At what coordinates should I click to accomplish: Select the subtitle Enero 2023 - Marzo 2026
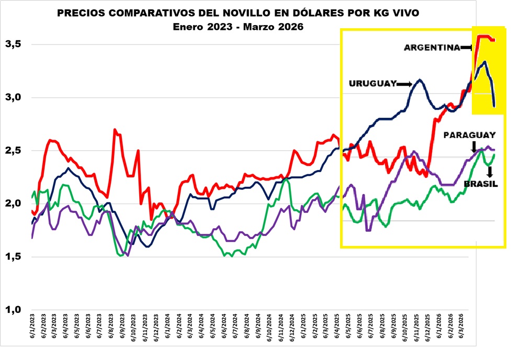point(238,27)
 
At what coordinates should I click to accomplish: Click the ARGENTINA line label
point(432,48)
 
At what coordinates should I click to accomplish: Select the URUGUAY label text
point(372,84)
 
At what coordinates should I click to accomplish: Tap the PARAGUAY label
point(469,135)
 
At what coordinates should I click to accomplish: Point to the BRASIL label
point(481,184)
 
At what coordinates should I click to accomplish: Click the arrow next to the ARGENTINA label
point(467,48)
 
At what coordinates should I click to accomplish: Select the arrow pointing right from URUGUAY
point(405,84)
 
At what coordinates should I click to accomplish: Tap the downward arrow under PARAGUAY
point(473,146)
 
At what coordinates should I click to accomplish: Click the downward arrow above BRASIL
point(490,171)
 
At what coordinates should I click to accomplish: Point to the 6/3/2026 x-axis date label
point(462,335)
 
